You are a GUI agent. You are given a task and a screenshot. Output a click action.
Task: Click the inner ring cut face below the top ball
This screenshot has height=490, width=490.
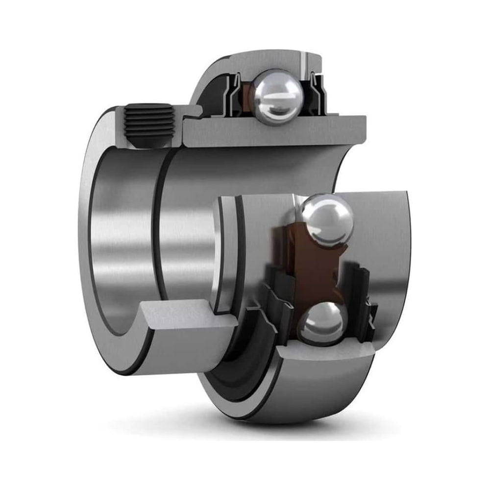(274, 132)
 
